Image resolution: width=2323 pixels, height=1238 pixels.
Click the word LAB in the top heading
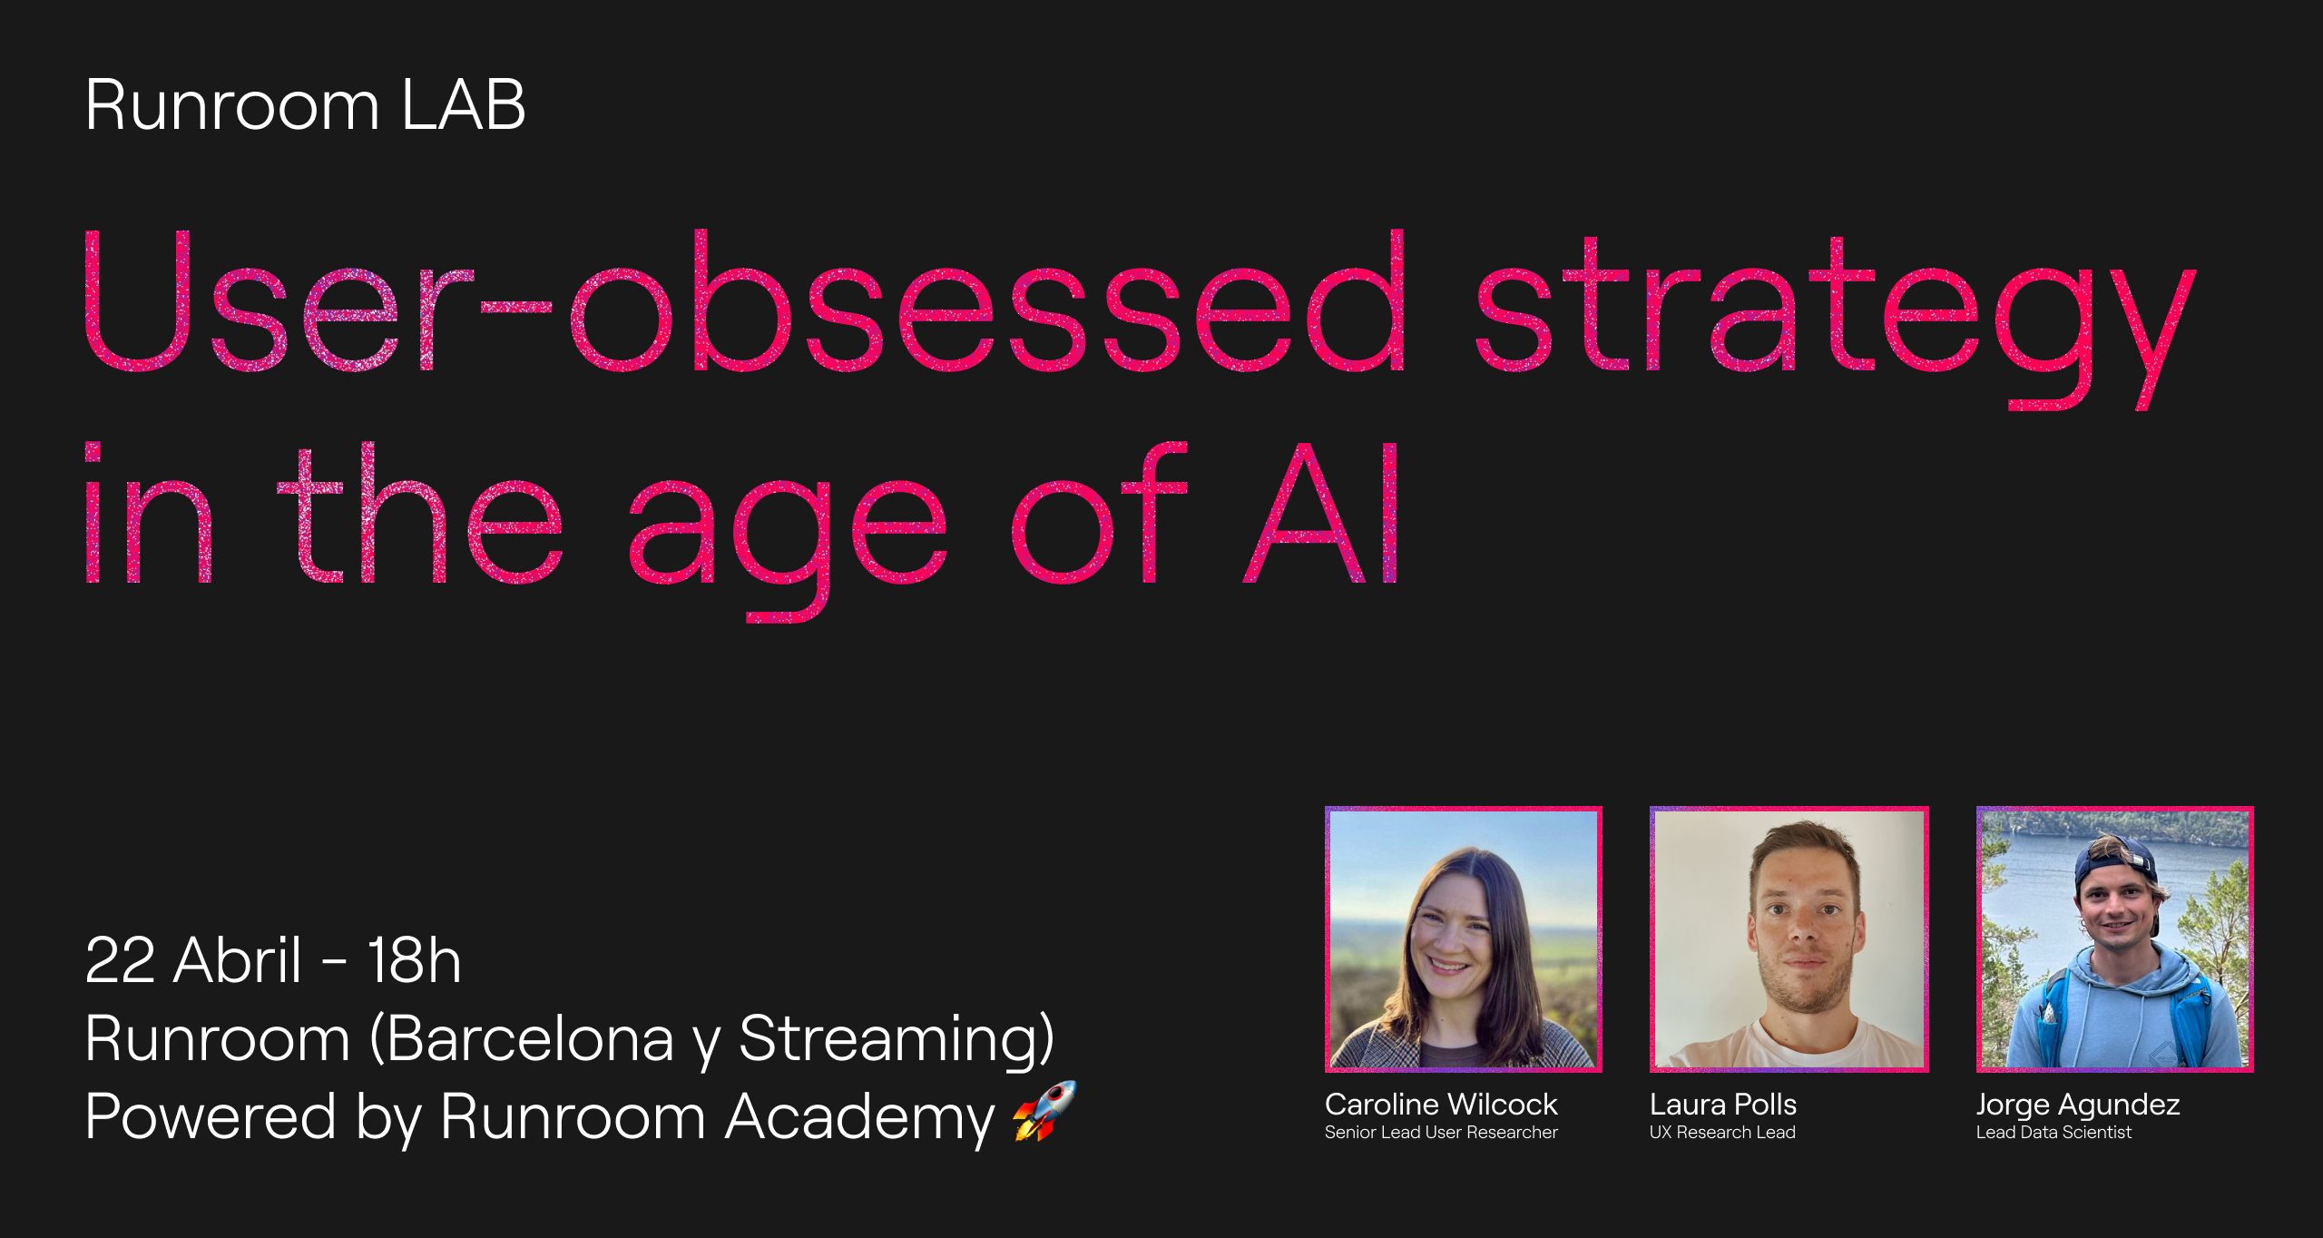463,105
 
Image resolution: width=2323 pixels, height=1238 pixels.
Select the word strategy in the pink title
1836,322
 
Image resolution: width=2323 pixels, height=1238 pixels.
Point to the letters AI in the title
1321,512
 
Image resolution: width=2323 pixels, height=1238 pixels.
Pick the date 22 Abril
192,959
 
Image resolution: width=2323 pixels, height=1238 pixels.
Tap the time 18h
414,959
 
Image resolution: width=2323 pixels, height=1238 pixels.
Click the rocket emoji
1044,1111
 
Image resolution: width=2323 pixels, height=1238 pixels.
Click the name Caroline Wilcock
1441,1105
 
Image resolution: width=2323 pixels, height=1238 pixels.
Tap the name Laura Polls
1723,1105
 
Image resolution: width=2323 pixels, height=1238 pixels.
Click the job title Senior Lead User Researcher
1441,1133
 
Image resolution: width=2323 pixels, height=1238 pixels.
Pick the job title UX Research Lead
1722,1133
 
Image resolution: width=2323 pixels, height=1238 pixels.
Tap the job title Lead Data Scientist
2053,1133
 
